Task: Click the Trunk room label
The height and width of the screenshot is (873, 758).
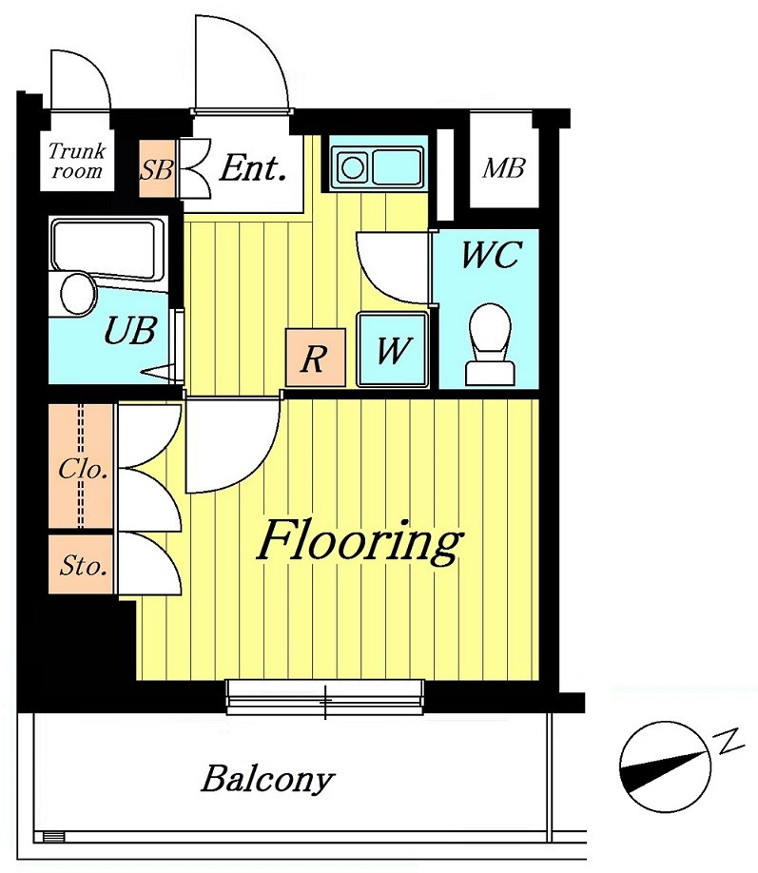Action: coord(77,161)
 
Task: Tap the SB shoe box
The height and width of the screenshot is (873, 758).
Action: coord(157,167)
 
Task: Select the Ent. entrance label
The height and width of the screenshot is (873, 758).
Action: coord(252,168)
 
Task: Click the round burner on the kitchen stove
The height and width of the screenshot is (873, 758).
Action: coord(353,167)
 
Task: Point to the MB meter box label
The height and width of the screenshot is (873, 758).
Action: coord(503,167)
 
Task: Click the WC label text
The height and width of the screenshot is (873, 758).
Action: coord(491,255)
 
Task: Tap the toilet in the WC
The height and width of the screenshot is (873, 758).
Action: coord(490,344)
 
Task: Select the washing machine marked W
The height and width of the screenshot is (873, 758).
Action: coord(393,349)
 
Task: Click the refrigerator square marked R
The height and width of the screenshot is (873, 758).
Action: coord(315,357)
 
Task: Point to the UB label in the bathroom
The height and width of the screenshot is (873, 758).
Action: coord(129,330)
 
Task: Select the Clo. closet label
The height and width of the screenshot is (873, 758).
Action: coord(83,470)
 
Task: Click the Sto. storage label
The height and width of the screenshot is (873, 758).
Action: coord(83,566)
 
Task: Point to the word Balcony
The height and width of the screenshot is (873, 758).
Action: coord(267,780)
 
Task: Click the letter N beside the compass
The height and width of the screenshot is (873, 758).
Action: coord(729,740)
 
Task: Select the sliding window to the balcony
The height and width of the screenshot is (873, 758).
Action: coord(324,696)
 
